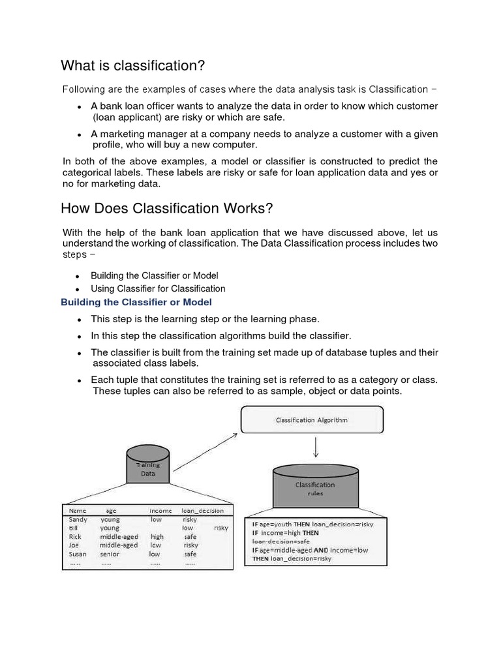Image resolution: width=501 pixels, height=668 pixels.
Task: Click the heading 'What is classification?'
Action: tap(133, 65)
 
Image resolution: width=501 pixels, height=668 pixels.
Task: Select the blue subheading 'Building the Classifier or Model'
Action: tap(136, 303)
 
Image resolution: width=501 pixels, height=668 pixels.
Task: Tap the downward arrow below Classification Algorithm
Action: tap(316, 447)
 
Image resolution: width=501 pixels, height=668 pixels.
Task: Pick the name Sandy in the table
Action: tap(78, 520)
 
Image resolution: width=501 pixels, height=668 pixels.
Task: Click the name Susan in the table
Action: tap(78, 554)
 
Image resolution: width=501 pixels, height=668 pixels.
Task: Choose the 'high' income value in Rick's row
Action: tap(157, 537)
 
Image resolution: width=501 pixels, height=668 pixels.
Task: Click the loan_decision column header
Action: tap(202, 511)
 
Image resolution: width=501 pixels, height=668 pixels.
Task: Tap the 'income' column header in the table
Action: tap(160, 511)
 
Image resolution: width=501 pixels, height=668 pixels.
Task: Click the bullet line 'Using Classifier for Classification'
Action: tap(158, 288)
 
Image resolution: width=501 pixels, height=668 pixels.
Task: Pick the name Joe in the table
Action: tap(74, 545)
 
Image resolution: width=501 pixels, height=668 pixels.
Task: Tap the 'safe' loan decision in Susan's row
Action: tap(190, 554)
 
